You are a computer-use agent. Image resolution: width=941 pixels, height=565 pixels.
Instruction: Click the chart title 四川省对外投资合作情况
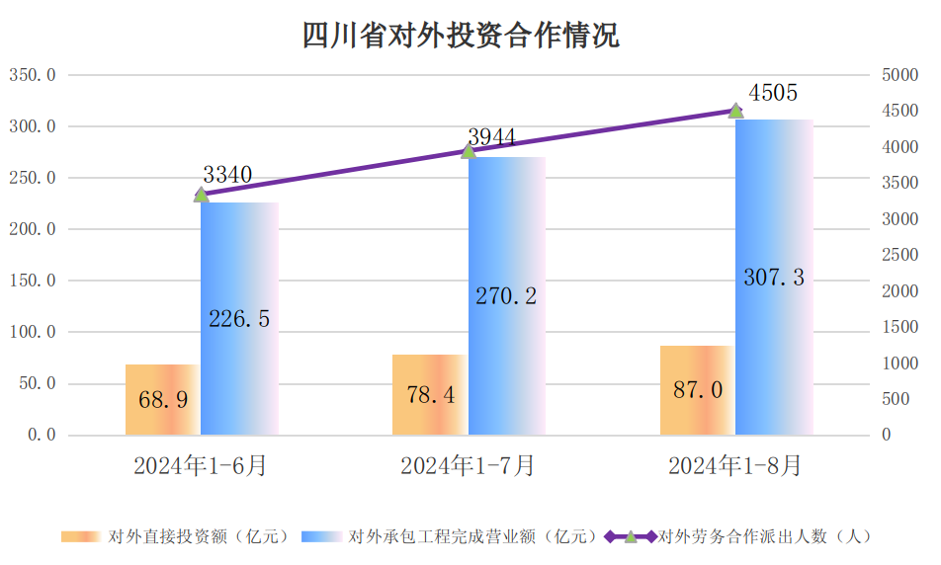pyautogui.click(x=461, y=37)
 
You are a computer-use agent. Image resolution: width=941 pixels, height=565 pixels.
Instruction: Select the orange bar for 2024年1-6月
pyautogui.click(x=162, y=399)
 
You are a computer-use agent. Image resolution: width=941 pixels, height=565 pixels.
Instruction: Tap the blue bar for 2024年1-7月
pyautogui.click(x=506, y=296)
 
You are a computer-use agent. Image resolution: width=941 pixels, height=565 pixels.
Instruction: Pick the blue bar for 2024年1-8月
pyautogui.click(x=774, y=278)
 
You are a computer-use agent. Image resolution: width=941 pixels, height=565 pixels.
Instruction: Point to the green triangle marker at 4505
pyautogui.click(x=735, y=111)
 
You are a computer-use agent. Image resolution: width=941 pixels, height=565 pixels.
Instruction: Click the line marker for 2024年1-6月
pyautogui.click(x=201, y=195)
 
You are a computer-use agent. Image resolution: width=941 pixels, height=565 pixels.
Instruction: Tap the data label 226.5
pyautogui.click(x=239, y=318)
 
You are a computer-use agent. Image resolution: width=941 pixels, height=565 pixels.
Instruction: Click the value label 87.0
pyautogui.click(x=698, y=390)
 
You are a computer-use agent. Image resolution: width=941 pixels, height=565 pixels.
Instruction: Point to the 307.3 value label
pyautogui.click(x=774, y=279)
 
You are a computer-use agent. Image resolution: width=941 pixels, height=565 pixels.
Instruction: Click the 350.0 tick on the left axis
pyautogui.click(x=33, y=75)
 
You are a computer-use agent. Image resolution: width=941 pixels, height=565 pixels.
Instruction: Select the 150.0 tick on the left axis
pyautogui.click(x=33, y=281)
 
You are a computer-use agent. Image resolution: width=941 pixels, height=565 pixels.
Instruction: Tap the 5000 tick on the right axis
pyautogui.click(x=899, y=75)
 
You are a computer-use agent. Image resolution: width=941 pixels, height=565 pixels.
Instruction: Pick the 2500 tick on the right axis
pyautogui.click(x=899, y=255)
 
